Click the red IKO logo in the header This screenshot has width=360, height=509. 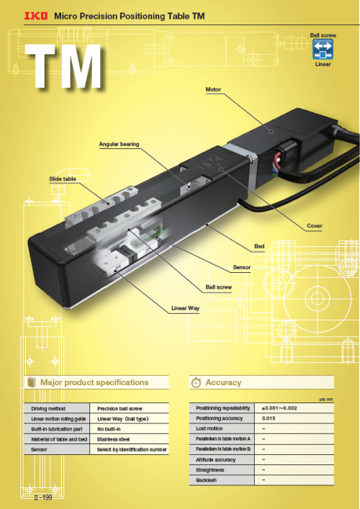click(36, 16)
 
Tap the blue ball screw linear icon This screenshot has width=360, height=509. click(323, 50)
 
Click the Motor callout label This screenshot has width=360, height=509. click(213, 89)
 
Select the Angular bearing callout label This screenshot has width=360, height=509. click(119, 144)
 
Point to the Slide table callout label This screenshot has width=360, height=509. click(63, 179)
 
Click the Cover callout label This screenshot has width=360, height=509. click(315, 226)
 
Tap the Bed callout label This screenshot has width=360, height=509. click(259, 246)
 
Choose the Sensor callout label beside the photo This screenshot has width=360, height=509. click(242, 268)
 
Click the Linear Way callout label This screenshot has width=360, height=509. click(185, 308)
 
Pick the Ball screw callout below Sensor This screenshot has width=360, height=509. click(219, 287)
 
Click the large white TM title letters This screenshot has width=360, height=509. click(64, 66)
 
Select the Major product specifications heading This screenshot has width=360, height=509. click(94, 382)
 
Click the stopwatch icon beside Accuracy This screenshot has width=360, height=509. click(196, 382)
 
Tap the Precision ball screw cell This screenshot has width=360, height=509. click(120, 409)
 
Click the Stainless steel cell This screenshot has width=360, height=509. click(113, 440)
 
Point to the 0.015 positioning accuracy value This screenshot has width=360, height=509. click(269, 418)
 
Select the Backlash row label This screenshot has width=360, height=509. click(206, 480)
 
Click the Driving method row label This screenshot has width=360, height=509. click(48, 409)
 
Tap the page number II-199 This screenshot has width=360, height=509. click(43, 497)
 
